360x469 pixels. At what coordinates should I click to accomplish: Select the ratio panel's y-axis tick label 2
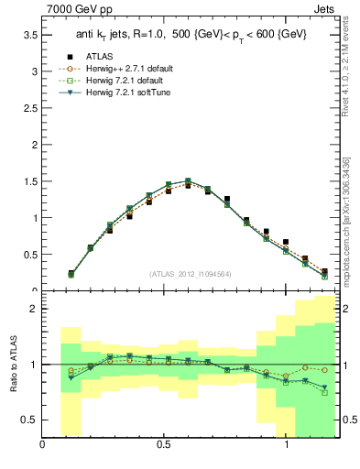(33, 309)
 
